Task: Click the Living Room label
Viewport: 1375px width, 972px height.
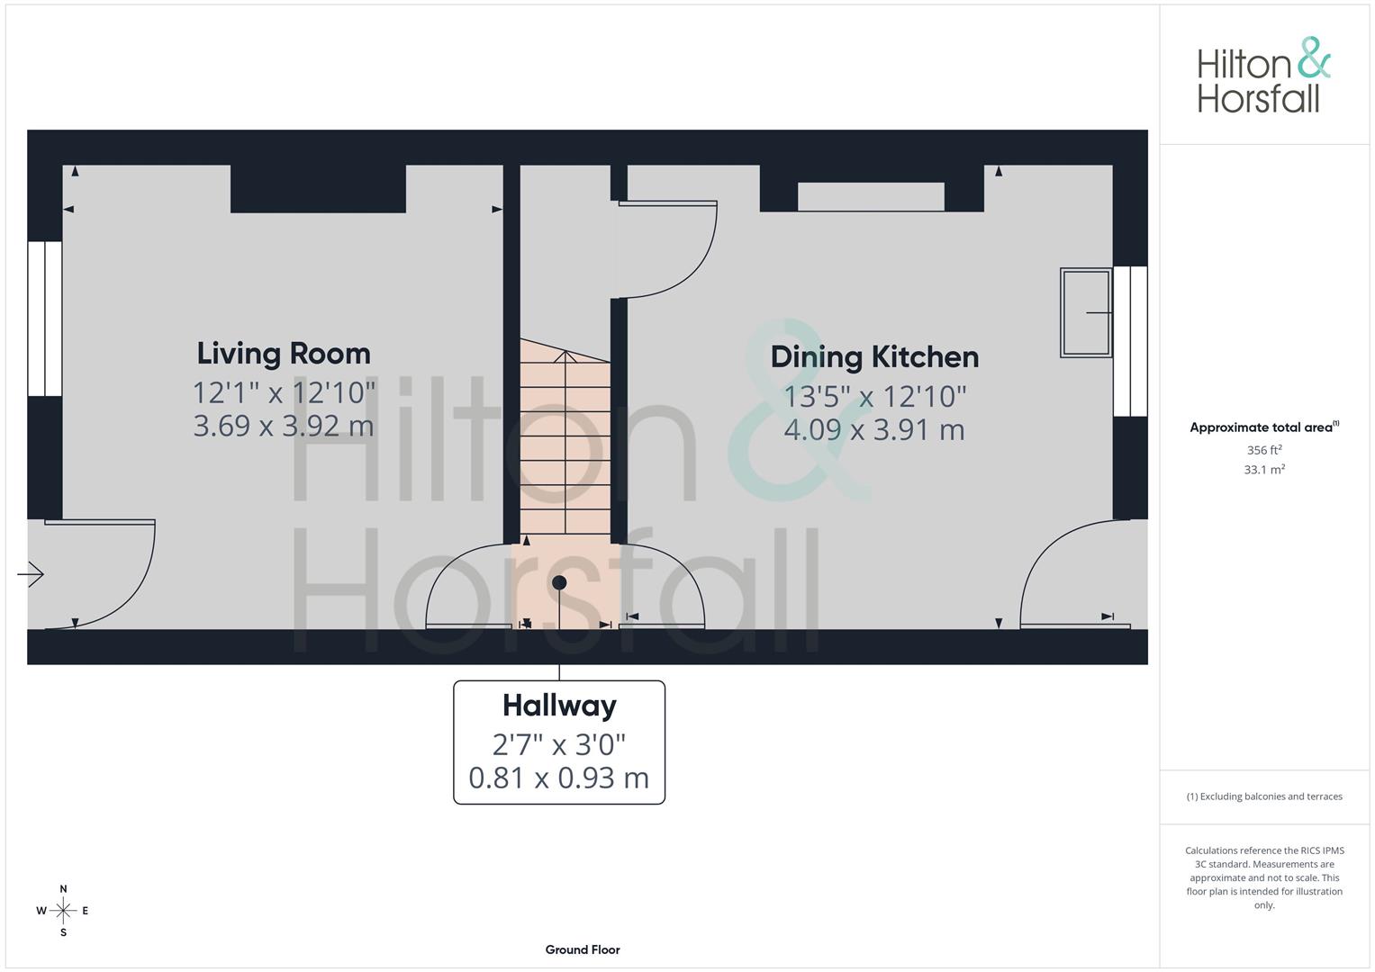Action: coord(284,353)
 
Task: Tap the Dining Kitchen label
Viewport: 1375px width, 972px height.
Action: coord(874,356)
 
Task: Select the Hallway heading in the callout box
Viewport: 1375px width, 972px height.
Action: coord(559,705)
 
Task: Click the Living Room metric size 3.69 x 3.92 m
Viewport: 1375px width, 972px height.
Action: coord(284,425)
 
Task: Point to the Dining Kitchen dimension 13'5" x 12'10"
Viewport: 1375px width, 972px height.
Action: coord(874,396)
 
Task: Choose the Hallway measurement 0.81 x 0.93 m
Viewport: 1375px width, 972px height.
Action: coord(559,778)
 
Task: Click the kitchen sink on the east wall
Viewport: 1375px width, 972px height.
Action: coord(1086,312)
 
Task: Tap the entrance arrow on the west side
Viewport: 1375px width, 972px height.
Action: coord(32,573)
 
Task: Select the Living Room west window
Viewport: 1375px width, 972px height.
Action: coord(44,319)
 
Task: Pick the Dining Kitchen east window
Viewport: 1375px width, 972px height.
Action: coord(1130,340)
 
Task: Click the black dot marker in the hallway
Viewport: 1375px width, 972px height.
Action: coord(559,583)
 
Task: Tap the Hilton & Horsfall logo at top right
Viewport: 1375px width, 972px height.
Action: coord(1263,76)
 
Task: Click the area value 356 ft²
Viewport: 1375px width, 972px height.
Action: coord(1264,450)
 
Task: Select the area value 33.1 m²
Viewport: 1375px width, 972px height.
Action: coord(1264,470)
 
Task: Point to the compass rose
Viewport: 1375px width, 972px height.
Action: coord(63,911)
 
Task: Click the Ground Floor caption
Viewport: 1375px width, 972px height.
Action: coord(583,949)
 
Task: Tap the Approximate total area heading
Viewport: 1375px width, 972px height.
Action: coord(1263,427)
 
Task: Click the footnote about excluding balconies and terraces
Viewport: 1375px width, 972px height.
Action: coord(1264,796)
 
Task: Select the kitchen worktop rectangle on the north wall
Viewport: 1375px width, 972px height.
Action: coord(871,196)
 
